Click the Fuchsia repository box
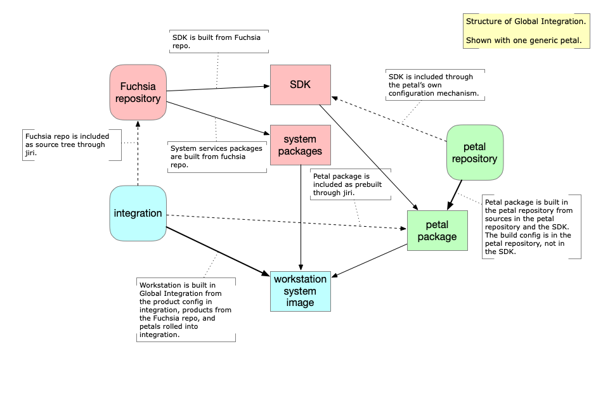click(x=138, y=92)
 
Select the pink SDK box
click(x=300, y=84)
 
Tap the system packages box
click(x=300, y=145)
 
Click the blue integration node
click(x=138, y=213)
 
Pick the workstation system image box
click(x=300, y=291)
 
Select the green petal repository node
click(x=475, y=153)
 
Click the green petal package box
click(x=437, y=231)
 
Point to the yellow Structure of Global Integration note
click(x=526, y=31)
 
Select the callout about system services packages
click(x=216, y=156)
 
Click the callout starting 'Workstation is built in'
click(x=186, y=310)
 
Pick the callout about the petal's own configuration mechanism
click(x=435, y=85)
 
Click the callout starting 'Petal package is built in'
click(x=531, y=226)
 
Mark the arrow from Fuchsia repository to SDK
click(x=216, y=87)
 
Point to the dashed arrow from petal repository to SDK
click(x=389, y=118)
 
